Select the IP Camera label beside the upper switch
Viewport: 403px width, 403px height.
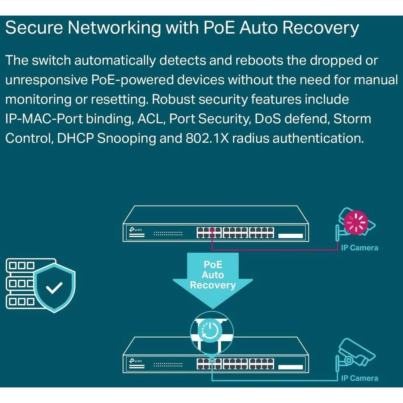click(359, 248)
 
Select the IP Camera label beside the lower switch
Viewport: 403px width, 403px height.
click(359, 378)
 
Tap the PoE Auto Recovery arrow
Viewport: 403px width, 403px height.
click(213, 278)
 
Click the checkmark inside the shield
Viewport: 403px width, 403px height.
click(55, 288)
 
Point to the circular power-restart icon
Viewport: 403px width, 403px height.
click(212, 330)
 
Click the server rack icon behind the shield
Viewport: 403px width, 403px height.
click(20, 282)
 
